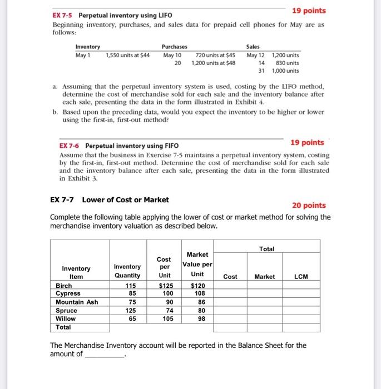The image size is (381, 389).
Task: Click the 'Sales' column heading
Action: [253, 47]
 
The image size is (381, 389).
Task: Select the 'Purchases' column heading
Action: [174, 47]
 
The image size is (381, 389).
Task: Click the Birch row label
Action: [65, 286]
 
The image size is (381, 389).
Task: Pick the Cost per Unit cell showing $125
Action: [164, 286]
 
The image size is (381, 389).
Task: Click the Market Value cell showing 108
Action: [197, 293]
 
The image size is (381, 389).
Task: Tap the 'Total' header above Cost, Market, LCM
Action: [266, 248]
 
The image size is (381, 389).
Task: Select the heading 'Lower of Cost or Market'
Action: [126, 200]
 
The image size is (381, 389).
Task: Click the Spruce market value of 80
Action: [197, 311]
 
